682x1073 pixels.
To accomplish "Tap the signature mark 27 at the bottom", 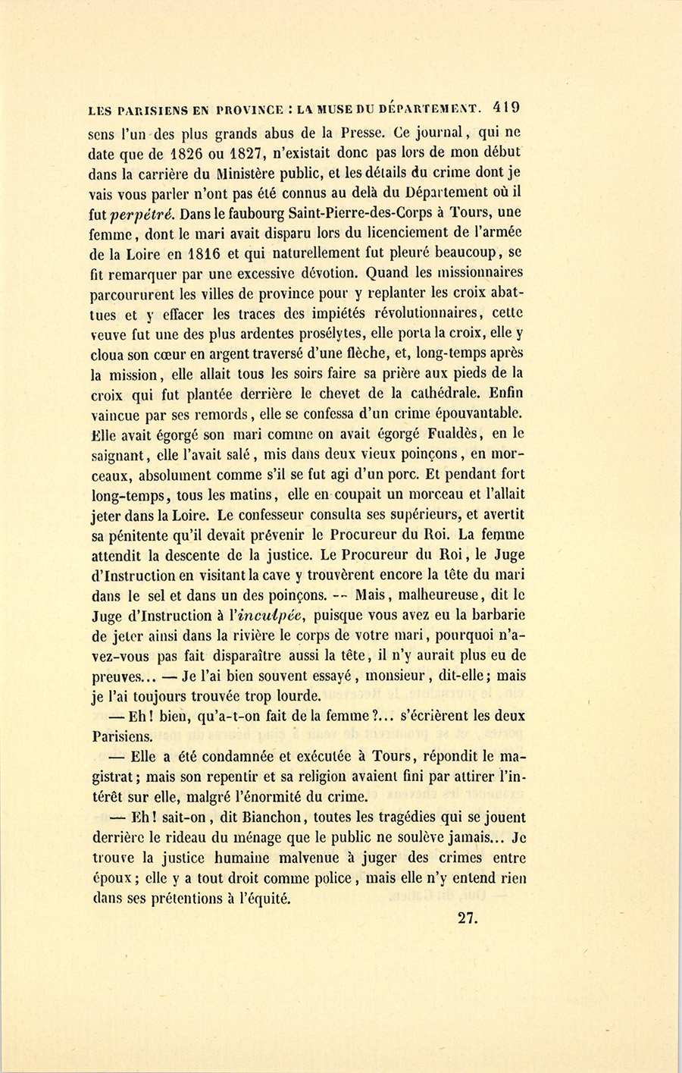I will (x=466, y=917).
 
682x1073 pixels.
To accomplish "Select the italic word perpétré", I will (x=145, y=212).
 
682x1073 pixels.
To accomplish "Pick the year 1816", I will (x=200, y=252).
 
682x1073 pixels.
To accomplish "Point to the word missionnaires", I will (x=479, y=272).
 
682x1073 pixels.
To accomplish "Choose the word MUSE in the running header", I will (x=339, y=109).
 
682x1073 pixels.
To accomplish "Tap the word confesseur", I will (x=227, y=514).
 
